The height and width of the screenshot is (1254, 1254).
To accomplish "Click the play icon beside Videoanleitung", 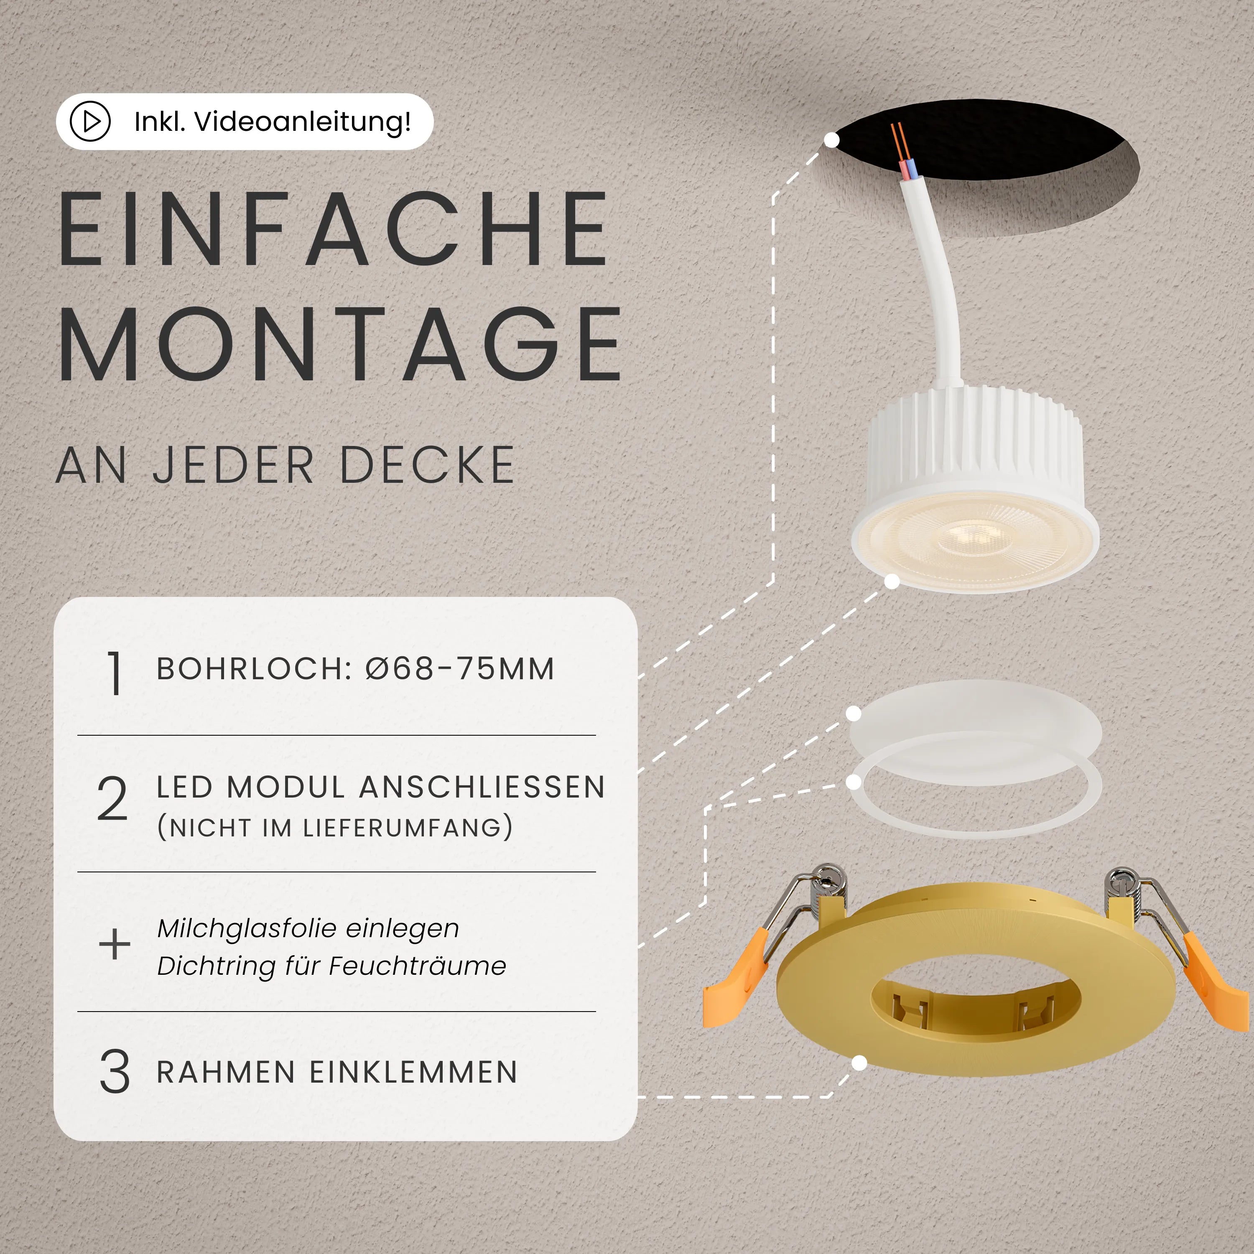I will (90, 121).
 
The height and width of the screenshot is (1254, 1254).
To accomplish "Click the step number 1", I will (114, 674).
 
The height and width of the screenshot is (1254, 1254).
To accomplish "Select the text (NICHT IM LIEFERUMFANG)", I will (335, 828).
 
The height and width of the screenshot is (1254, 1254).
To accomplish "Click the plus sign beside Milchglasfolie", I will (114, 944).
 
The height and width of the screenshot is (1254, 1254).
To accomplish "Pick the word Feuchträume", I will (417, 966).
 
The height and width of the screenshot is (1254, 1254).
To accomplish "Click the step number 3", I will (114, 1072).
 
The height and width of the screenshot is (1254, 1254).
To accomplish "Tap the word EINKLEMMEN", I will (413, 1072).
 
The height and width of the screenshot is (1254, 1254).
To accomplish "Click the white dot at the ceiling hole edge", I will (831, 140).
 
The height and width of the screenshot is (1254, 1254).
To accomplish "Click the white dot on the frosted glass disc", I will (854, 714).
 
